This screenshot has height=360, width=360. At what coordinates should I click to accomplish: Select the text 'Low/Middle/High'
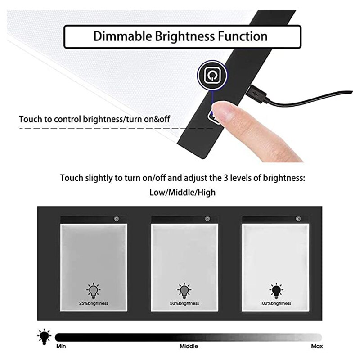[x=182, y=193]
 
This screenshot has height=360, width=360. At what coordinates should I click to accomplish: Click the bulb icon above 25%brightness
[x=93, y=291]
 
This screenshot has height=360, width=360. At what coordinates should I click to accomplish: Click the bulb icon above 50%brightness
[x=184, y=291]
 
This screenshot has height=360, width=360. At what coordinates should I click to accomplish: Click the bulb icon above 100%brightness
[x=275, y=291]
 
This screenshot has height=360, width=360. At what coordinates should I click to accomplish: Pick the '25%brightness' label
[x=93, y=303]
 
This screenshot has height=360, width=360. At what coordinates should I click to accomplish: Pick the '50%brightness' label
[x=184, y=303]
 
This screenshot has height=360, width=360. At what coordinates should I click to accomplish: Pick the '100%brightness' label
[x=275, y=303]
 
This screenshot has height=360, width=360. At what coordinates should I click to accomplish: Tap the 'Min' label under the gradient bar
[x=61, y=346]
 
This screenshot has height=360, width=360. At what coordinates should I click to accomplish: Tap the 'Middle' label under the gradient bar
[x=189, y=346]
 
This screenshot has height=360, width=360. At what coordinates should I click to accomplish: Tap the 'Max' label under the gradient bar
[x=316, y=346]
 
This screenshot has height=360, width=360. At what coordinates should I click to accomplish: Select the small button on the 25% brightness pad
[x=116, y=219]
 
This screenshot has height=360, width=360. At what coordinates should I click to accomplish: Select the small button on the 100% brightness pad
[x=298, y=219]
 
